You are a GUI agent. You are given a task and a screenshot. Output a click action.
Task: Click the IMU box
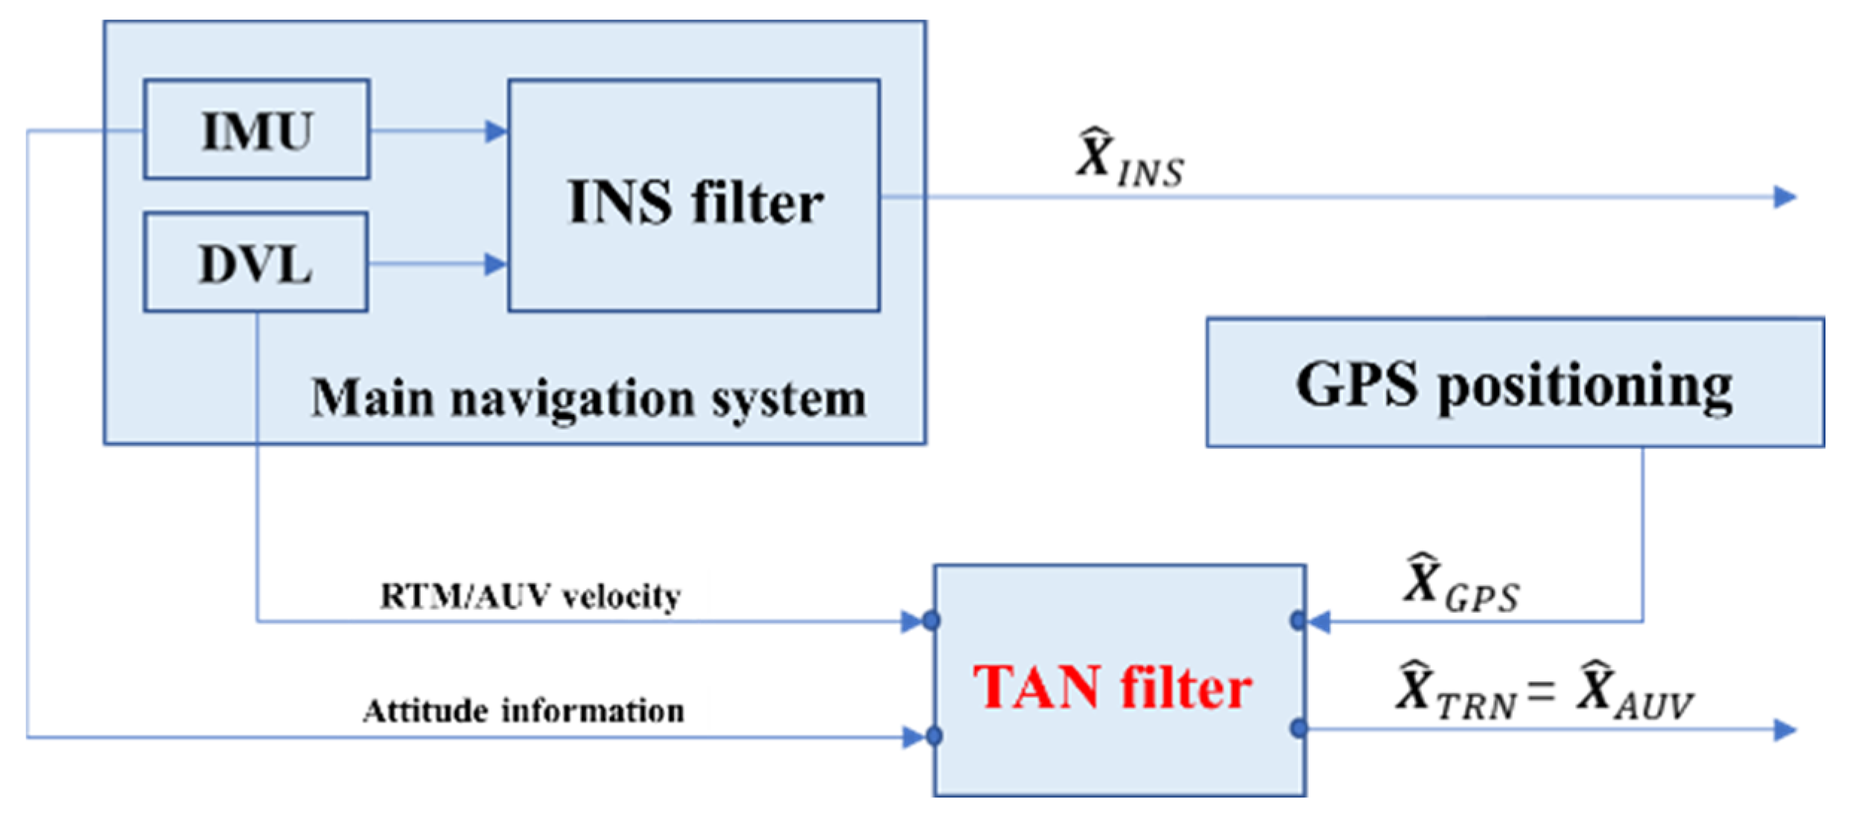[x=256, y=130]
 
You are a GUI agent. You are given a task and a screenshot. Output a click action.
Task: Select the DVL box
[x=255, y=262]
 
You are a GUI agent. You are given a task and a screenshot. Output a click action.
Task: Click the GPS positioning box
[x=1515, y=383]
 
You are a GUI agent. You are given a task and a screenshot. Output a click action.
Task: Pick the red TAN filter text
[x=1112, y=686]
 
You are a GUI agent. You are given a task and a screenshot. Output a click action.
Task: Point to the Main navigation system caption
[x=588, y=398]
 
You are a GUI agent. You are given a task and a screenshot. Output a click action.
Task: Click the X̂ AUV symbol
[x=1635, y=692]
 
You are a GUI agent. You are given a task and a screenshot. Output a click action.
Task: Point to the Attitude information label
[x=524, y=711]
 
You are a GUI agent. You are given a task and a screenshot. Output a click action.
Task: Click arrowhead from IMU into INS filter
[x=496, y=131]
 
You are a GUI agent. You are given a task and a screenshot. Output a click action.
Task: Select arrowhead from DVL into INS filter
[x=496, y=264]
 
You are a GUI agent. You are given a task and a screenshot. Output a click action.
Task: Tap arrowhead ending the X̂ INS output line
[x=1786, y=197]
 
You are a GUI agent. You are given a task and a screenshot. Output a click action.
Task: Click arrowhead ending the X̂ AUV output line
[x=1786, y=730]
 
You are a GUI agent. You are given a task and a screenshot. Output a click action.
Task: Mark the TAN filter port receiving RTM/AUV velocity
[x=932, y=620]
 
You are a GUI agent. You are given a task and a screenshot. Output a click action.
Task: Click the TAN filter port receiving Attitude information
[x=934, y=736]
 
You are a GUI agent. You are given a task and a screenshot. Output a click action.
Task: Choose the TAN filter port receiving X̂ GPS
[x=1299, y=620]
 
